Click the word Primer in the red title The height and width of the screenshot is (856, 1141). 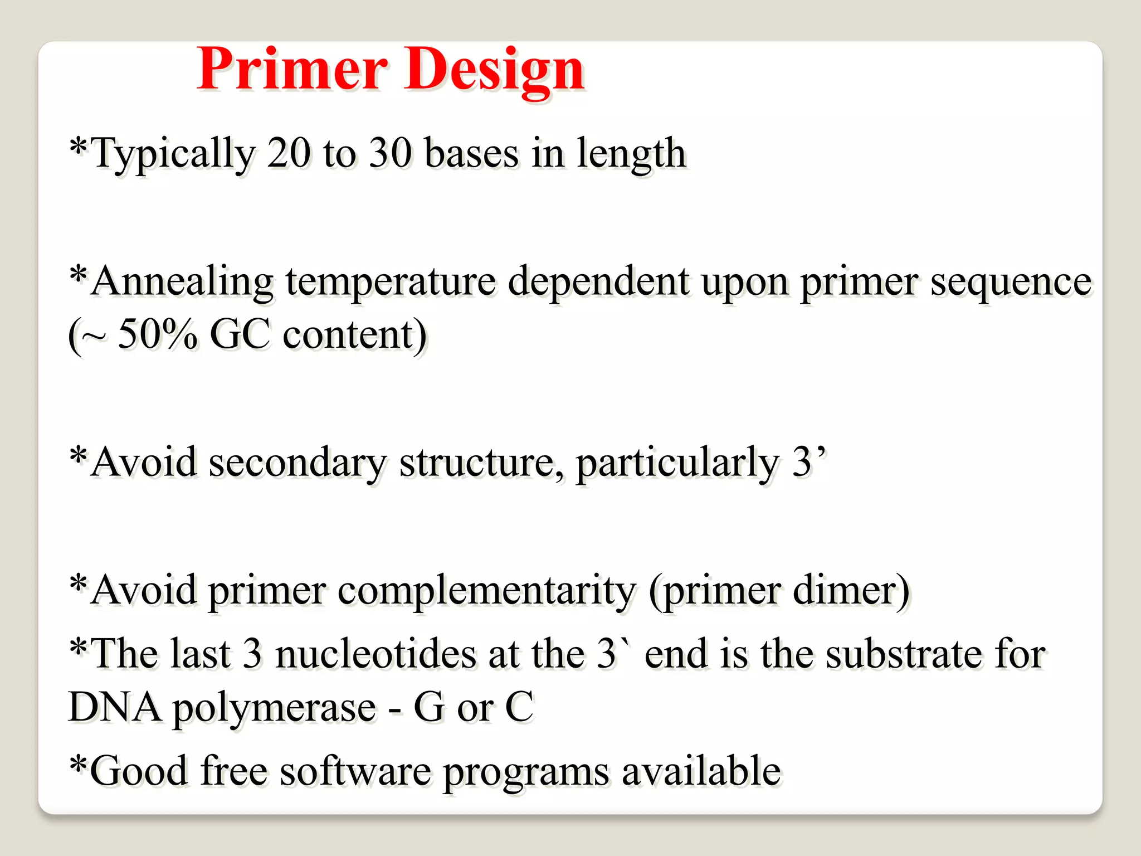[x=292, y=70]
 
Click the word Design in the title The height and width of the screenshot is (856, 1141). [x=494, y=70]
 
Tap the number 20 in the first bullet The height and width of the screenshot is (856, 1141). [x=288, y=153]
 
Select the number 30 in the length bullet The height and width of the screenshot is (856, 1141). [x=391, y=153]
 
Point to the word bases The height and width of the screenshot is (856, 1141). [x=471, y=153]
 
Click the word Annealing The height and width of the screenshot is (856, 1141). [x=182, y=282]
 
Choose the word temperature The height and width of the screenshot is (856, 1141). [x=391, y=282]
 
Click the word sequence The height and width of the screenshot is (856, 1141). [x=1011, y=282]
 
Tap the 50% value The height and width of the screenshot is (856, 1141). [x=158, y=335]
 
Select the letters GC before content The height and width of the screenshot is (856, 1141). [x=240, y=335]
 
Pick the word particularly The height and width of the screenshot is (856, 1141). [x=677, y=463]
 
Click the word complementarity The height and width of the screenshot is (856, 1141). [x=486, y=591]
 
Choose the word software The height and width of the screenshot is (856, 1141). [x=355, y=771]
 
